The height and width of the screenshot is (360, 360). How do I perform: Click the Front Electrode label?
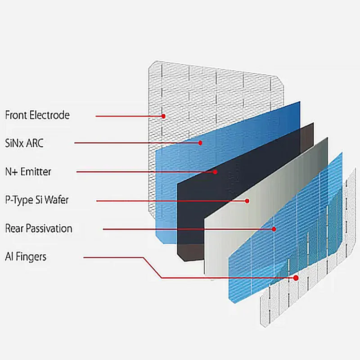coord(37,115)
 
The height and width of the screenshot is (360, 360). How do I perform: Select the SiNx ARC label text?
coord(24,144)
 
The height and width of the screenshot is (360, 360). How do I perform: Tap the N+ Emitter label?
coord(28,171)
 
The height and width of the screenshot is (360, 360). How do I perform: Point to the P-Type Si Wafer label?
coord(37,200)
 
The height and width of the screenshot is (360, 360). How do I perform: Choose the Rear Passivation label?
coord(39,229)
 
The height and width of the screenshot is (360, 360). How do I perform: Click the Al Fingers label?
coord(26,257)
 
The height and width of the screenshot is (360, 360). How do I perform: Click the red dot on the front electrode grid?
coord(164,116)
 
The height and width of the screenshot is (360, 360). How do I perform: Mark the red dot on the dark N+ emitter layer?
coord(215,171)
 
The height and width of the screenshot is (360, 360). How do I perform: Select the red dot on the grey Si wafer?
coord(247,201)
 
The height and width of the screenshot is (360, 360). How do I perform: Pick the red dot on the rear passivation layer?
coord(274,229)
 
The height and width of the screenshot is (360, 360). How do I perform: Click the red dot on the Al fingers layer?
coord(296,278)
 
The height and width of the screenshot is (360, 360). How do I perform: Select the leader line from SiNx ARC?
coord(135,143)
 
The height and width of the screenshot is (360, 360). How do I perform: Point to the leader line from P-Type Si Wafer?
coord(171,201)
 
